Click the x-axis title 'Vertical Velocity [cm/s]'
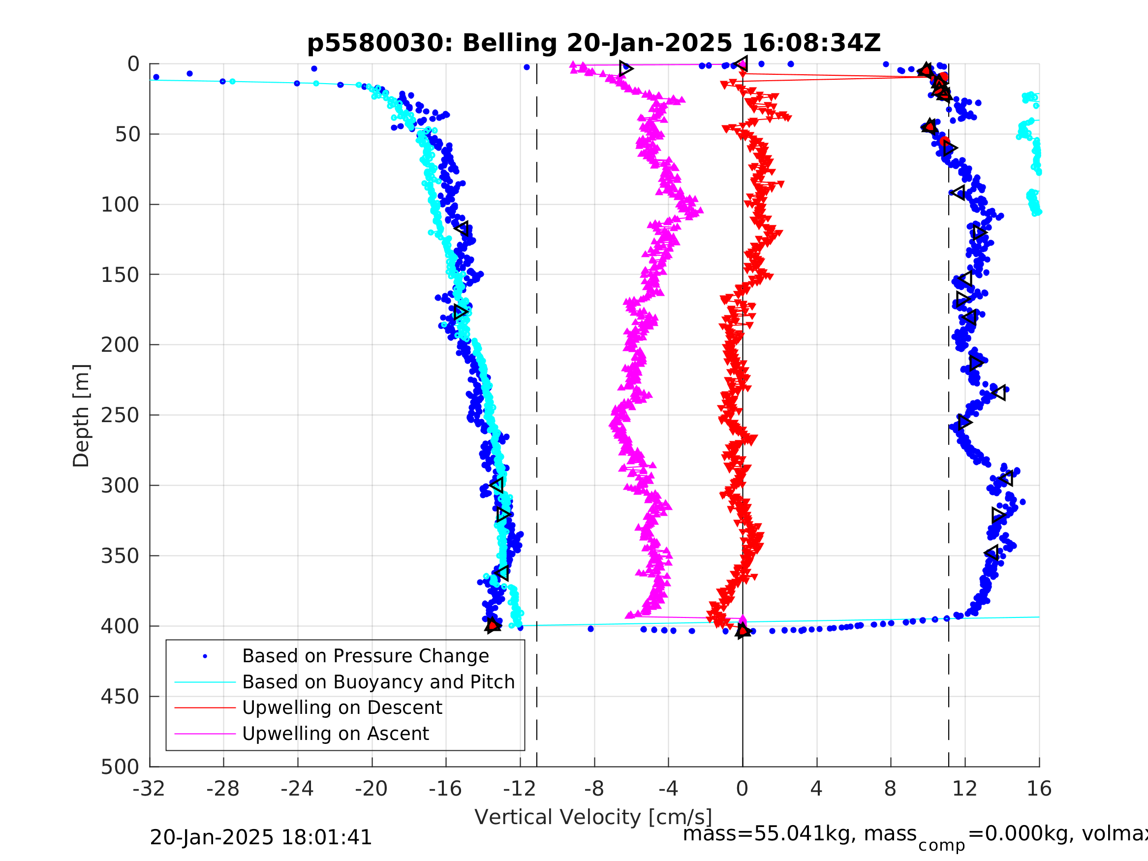pyautogui.click(x=593, y=817)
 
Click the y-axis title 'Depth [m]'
pyautogui.click(x=82, y=415)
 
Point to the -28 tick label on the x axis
pyautogui.click(x=223, y=789)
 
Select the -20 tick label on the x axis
pyautogui.click(x=371, y=789)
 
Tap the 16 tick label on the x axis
pyautogui.click(x=1039, y=789)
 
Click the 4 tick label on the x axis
pyautogui.click(x=816, y=789)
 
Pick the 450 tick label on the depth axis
pyautogui.click(x=120, y=697)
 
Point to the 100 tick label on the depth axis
pyautogui.click(x=120, y=205)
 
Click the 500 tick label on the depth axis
pyautogui.click(x=120, y=767)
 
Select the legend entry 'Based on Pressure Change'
pyautogui.click(x=366, y=656)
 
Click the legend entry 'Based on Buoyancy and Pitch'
pyautogui.click(x=378, y=682)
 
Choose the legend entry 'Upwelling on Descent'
pyautogui.click(x=342, y=707)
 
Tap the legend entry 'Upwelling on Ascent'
pyautogui.click(x=335, y=734)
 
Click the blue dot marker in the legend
pyautogui.click(x=205, y=656)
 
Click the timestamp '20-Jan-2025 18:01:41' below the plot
pyautogui.click(x=260, y=837)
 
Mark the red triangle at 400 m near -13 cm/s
pyautogui.click(x=493, y=625)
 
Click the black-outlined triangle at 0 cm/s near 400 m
pyautogui.click(x=743, y=631)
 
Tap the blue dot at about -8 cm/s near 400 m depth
pyautogui.click(x=590, y=629)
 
